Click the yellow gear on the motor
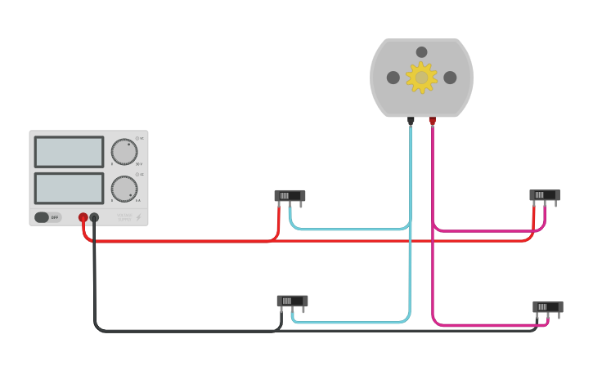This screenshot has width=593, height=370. (x=421, y=78)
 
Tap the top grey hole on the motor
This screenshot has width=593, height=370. (x=421, y=52)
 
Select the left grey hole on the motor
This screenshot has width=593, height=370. (x=393, y=78)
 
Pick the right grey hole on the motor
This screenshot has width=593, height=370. (x=450, y=78)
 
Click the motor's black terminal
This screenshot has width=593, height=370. (x=411, y=121)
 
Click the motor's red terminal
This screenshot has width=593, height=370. (x=433, y=121)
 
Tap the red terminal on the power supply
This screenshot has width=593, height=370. (x=83, y=217)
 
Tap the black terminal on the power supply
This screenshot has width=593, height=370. (x=94, y=217)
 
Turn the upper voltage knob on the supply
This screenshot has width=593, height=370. (x=124, y=152)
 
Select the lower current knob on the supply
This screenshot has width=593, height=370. (x=124, y=189)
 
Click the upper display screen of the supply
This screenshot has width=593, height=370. (x=69, y=152)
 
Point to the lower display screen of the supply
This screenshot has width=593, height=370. (x=69, y=188)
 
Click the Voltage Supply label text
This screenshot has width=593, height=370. (x=124, y=217)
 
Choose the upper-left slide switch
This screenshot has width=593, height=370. (x=290, y=196)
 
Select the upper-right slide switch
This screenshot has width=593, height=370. (x=544, y=195)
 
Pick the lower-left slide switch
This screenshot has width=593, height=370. (x=292, y=301)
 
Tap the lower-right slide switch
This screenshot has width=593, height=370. (x=547, y=307)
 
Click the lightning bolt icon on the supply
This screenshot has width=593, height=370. (x=138, y=217)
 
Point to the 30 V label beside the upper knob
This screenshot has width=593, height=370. (x=139, y=164)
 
